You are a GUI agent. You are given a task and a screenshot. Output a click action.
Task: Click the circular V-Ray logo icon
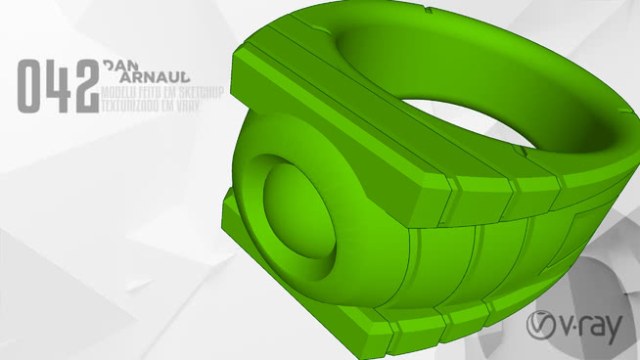pyautogui.click(x=542, y=327)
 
